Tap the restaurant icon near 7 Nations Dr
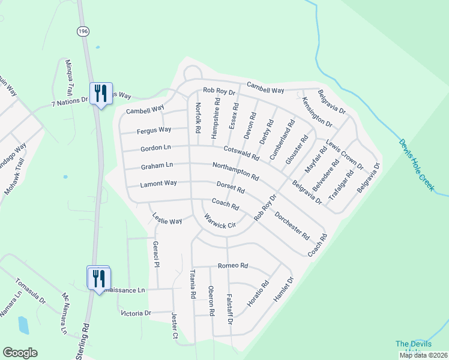coord(100,94)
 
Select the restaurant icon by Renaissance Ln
coord(98,278)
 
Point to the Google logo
coord(20,353)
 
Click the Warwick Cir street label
coord(219,221)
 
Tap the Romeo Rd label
coord(233,265)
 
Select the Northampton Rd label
coord(235,171)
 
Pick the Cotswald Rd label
coord(241,152)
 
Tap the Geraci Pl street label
coord(155,254)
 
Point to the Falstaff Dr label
coord(229,305)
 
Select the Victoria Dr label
coord(136,313)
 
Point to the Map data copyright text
coord(423,355)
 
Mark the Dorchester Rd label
coord(292,226)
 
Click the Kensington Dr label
coord(317,112)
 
